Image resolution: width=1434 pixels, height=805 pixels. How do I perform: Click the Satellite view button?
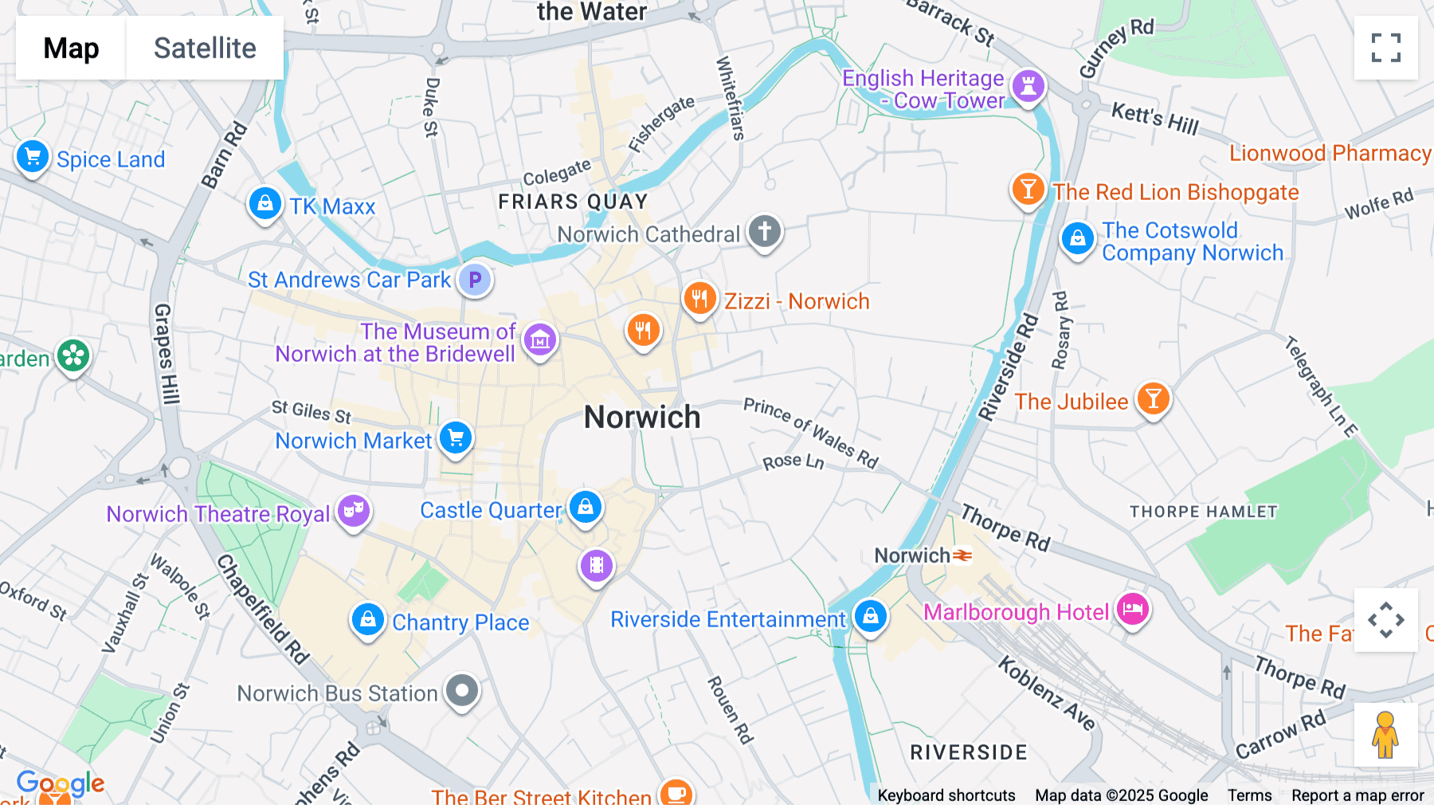(205, 48)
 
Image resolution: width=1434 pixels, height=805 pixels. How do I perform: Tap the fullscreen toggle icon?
(1385, 48)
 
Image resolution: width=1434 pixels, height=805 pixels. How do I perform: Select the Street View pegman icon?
(1385, 734)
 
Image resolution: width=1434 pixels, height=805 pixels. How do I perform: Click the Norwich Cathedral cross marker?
(764, 232)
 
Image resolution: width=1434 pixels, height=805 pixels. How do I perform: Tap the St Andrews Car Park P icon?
(475, 280)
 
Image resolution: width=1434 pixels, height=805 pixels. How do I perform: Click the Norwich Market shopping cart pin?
(456, 438)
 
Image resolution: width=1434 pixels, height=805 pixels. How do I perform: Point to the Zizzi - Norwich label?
(796, 301)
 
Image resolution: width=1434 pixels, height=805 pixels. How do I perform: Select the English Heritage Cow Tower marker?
(1028, 85)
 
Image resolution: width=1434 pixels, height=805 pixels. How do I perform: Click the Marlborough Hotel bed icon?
(1132, 610)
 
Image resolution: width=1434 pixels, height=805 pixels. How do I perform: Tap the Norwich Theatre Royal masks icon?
(353, 510)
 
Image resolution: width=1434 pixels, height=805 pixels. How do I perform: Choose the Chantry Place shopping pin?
(367, 619)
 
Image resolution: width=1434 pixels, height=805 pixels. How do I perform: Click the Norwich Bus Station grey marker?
(462, 690)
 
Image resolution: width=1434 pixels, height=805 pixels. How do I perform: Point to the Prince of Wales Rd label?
(810, 433)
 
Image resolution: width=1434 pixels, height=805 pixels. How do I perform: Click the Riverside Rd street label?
(1009, 367)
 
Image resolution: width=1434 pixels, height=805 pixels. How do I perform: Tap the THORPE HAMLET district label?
(1203, 512)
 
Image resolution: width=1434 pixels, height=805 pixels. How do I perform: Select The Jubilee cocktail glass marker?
(1153, 398)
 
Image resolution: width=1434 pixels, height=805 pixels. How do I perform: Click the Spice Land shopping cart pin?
(33, 157)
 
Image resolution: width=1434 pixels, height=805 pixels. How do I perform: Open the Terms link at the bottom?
(1249, 795)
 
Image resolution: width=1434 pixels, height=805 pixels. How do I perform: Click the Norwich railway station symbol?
(962, 555)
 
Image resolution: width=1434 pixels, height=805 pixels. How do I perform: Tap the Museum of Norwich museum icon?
(539, 340)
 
